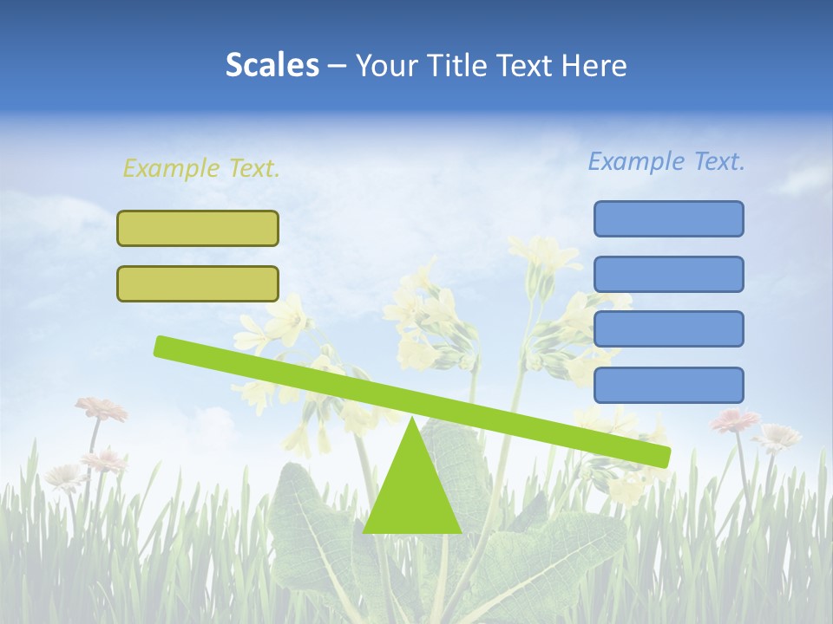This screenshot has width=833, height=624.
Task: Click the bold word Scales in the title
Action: pyautogui.click(x=272, y=65)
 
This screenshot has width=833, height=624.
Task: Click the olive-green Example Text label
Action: pyautogui.click(x=201, y=168)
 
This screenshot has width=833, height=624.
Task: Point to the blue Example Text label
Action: pyautogui.click(x=666, y=161)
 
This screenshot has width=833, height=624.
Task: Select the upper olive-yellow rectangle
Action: pyautogui.click(x=198, y=228)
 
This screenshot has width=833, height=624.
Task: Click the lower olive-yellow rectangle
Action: pyautogui.click(x=198, y=283)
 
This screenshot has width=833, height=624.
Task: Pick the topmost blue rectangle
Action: pyautogui.click(x=668, y=218)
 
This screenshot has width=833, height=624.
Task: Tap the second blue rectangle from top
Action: pyautogui.click(x=668, y=274)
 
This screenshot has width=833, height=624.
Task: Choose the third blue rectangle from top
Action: pyautogui.click(x=668, y=328)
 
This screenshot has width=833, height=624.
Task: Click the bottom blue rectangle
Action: pyautogui.click(x=668, y=384)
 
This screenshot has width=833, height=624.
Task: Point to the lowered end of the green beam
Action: pyautogui.click(x=663, y=457)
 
